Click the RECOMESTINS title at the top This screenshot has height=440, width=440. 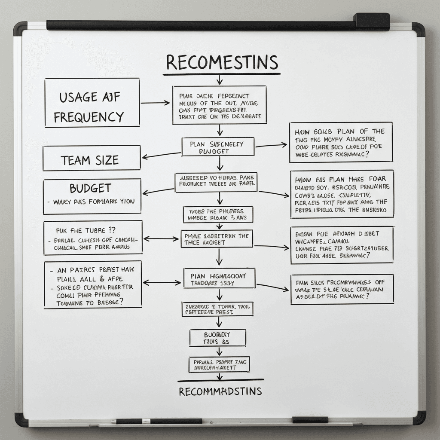pos(222,62)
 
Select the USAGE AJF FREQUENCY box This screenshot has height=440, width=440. pos(92,102)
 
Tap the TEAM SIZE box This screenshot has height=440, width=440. pos(92,158)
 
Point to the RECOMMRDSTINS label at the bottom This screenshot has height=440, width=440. pos(220,391)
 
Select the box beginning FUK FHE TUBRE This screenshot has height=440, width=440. pos(92,238)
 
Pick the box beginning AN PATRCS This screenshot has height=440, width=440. pos(92,285)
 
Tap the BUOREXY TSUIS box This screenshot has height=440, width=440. pos(218,338)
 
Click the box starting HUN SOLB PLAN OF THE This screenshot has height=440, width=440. pos(341,142)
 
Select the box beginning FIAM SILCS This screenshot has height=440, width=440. pos(342,290)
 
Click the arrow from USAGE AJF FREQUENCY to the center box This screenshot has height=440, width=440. pos(156,103)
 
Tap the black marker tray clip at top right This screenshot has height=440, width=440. pos(371,21)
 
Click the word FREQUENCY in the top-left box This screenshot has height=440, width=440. pos(89,117)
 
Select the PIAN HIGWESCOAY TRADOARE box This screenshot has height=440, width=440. pos(219,278)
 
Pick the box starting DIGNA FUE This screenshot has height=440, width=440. pos(342,244)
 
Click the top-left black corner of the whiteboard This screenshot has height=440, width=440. pos(20,29)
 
